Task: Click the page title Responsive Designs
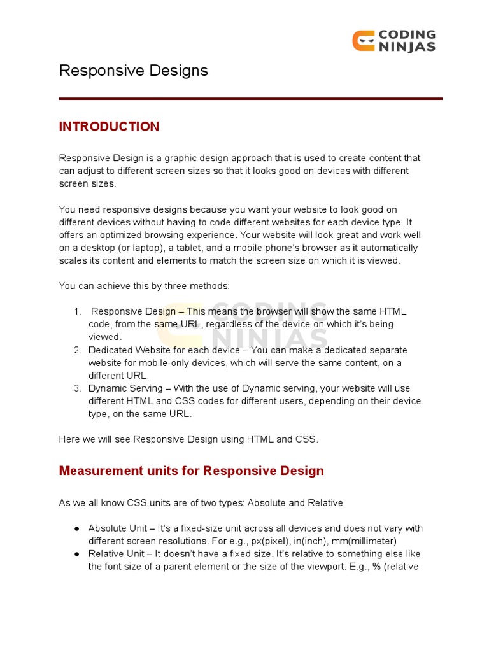[134, 71]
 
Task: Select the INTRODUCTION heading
[109, 127]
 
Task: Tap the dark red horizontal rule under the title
[250, 99]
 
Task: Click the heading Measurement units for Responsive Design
[191, 471]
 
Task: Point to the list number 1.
[78, 311]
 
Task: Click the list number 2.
[78, 350]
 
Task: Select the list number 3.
[78, 388]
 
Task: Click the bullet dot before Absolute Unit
[76, 528]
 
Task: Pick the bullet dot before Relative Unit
[76, 554]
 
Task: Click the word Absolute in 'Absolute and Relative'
[266, 503]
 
